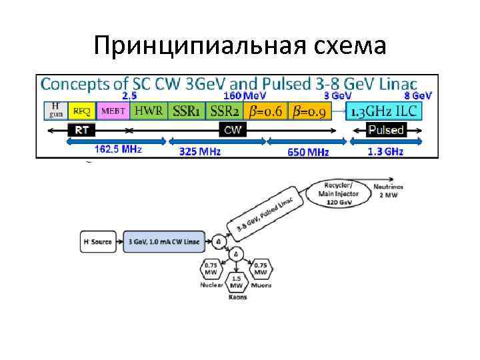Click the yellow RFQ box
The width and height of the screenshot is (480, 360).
coord(82,111)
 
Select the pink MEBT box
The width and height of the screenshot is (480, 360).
coord(113,111)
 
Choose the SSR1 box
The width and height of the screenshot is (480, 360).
coord(186,111)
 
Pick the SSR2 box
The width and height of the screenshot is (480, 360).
coord(225,111)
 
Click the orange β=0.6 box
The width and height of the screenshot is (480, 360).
coord(265,111)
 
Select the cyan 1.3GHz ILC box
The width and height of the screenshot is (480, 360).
coord(385,111)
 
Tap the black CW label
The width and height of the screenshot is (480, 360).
coord(233,130)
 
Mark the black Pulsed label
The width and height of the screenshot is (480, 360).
coord(386,130)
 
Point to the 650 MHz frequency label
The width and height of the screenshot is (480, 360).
coord(308,152)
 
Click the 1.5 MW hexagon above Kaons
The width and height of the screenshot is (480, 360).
coord(236,281)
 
